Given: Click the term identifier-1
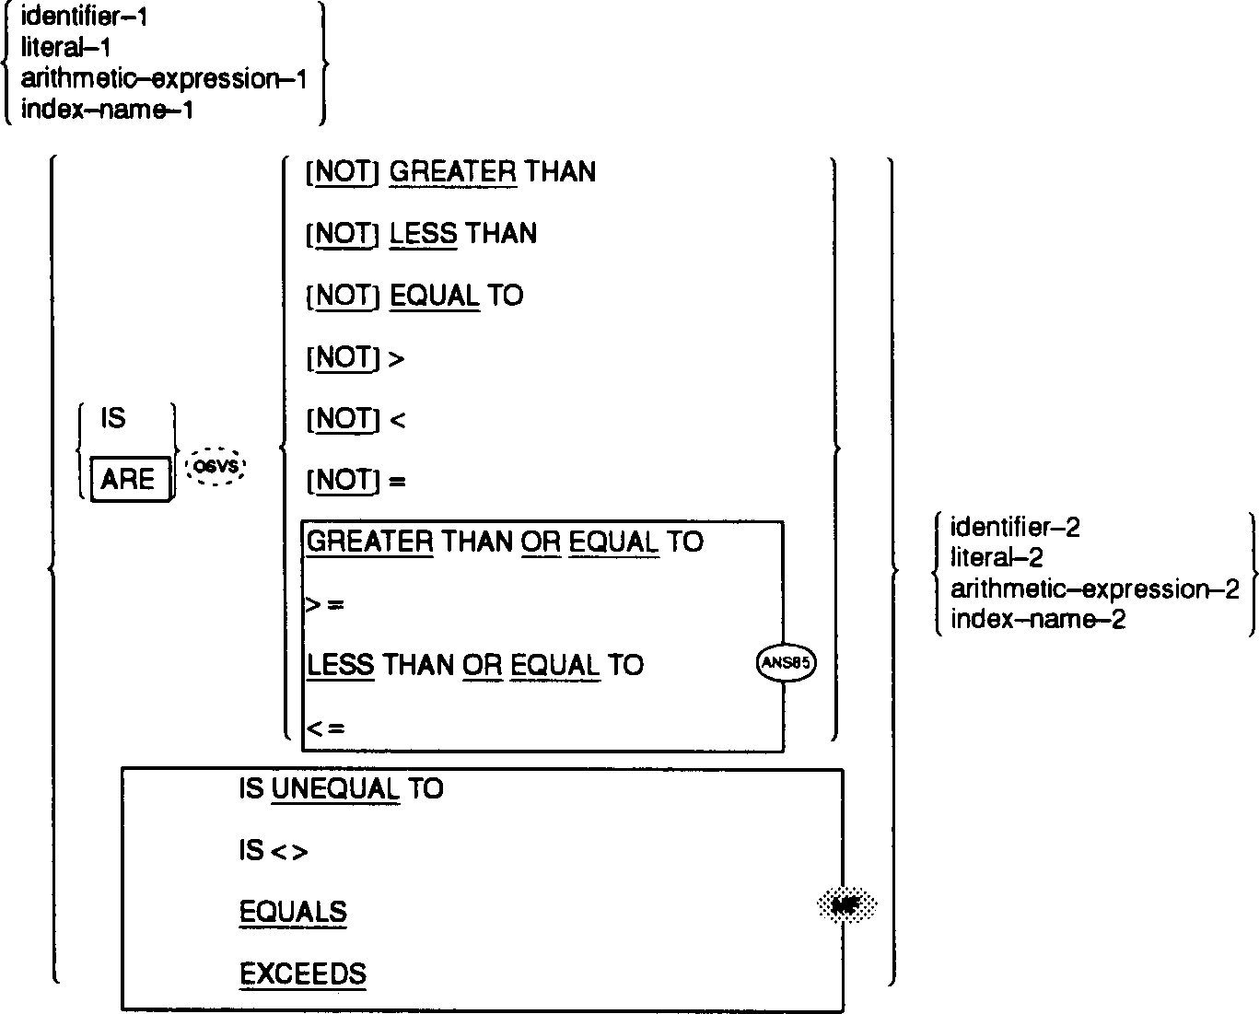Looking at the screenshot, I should [x=85, y=17].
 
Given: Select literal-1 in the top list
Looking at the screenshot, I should [x=65, y=48].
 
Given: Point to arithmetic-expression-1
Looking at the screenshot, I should [x=163, y=79].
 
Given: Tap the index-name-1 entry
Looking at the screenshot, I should [x=107, y=110].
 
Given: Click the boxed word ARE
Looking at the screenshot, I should [x=128, y=479].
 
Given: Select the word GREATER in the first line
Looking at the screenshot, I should [x=453, y=172].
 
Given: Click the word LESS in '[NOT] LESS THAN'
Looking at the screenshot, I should [x=423, y=234].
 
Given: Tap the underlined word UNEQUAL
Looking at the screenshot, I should [x=335, y=789].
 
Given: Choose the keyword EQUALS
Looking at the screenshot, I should [x=293, y=912].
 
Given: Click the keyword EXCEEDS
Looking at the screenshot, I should [x=302, y=973].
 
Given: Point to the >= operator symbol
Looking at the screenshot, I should [x=325, y=604].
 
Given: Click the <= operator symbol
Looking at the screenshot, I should [x=325, y=728].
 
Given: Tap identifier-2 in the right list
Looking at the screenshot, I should [x=1015, y=527].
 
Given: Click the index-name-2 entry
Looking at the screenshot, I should [x=1038, y=619].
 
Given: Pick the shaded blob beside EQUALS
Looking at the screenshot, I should [x=845, y=906].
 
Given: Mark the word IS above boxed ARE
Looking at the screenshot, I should [x=113, y=419].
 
